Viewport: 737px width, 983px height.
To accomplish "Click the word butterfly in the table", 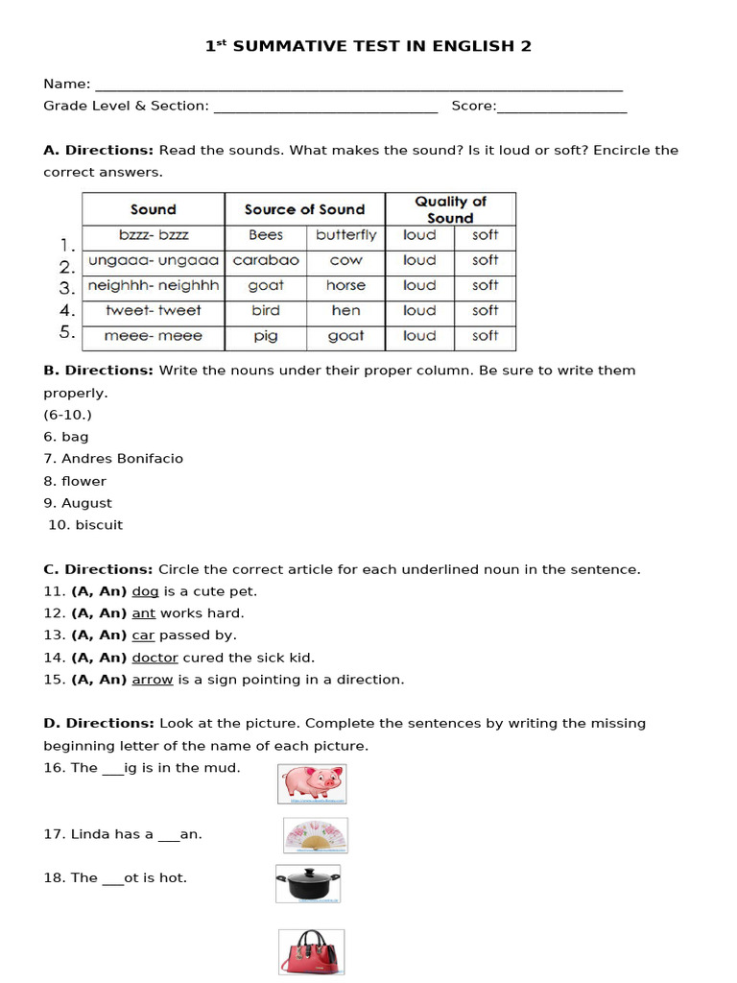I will point(346,235).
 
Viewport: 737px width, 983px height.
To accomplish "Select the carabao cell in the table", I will point(266,260).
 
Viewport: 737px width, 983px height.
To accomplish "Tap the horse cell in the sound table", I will point(345,285).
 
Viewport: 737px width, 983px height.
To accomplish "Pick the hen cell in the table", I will point(345,310).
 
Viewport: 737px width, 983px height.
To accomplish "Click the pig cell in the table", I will point(266,336).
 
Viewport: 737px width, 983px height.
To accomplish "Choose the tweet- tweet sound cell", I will point(154,310).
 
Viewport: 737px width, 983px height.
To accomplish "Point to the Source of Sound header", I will point(304,209).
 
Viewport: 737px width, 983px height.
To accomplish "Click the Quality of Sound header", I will point(450,209).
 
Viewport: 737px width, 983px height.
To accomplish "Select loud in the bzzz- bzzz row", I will point(419,235).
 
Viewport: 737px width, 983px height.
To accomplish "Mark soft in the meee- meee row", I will point(486,336).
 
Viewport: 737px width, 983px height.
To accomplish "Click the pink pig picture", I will point(312,783).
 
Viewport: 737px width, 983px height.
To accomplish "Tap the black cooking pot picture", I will point(308,883).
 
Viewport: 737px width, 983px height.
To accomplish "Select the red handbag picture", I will point(312,952).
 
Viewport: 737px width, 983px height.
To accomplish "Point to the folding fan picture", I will point(316,835).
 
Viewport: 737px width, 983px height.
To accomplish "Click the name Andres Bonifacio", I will point(122,459).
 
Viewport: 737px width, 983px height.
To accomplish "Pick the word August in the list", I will point(86,503).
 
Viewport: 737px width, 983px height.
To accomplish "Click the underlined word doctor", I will point(155,658).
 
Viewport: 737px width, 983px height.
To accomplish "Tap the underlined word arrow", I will point(153,680).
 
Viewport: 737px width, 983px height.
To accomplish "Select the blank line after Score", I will point(562,108).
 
